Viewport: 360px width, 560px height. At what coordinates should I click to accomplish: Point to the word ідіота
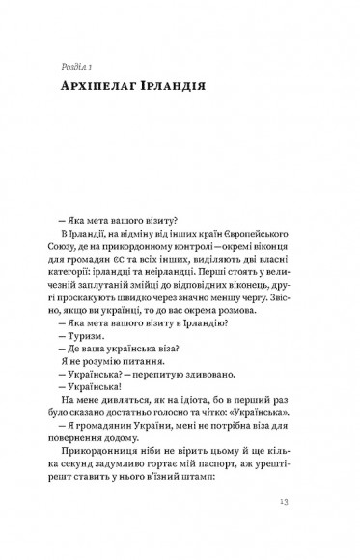pos(178,378)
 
